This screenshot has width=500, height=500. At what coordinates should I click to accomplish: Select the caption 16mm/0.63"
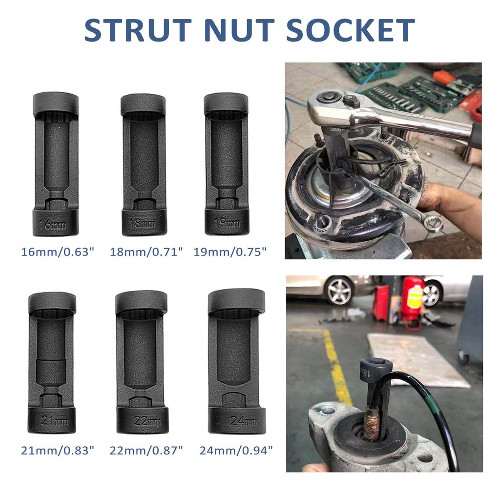[58, 252]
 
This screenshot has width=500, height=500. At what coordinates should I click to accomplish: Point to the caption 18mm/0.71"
[147, 252]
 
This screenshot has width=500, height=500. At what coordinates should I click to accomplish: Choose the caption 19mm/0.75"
[230, 252]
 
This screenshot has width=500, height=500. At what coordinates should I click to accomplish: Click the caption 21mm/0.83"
[57, 451]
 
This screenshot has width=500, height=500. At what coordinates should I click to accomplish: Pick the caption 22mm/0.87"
[146, 451]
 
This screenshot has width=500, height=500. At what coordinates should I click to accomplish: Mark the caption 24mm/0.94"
[236, 451]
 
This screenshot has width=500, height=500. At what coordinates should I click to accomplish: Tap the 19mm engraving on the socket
[226, 224]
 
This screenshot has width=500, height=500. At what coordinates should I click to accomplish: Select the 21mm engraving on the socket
[52, 421]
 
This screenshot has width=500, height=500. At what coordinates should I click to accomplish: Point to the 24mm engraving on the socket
[236, 421]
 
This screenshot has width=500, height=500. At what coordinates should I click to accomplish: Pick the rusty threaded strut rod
[372, 424]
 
